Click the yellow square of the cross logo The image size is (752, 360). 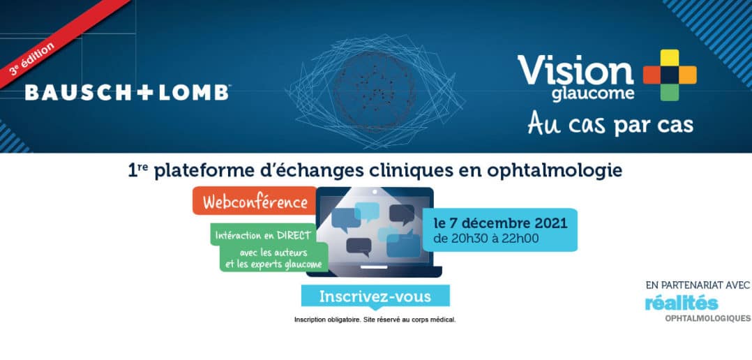(x=670, y=57)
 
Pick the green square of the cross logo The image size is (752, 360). (x=670, y=92)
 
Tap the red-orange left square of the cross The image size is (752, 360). (x=652, y=75)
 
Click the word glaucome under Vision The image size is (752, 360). (x=593, y=93)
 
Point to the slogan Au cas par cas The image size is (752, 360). (x=610, y=123)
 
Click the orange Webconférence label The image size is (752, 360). (x=255, y=201)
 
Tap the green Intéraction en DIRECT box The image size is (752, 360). (x=263, y=235)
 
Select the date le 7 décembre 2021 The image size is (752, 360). (x=500, y=224)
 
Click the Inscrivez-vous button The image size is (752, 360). (x=375, y=297)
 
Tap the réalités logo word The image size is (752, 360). (x=681, y=303)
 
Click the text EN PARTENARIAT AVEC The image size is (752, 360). (x=698, y=286)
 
